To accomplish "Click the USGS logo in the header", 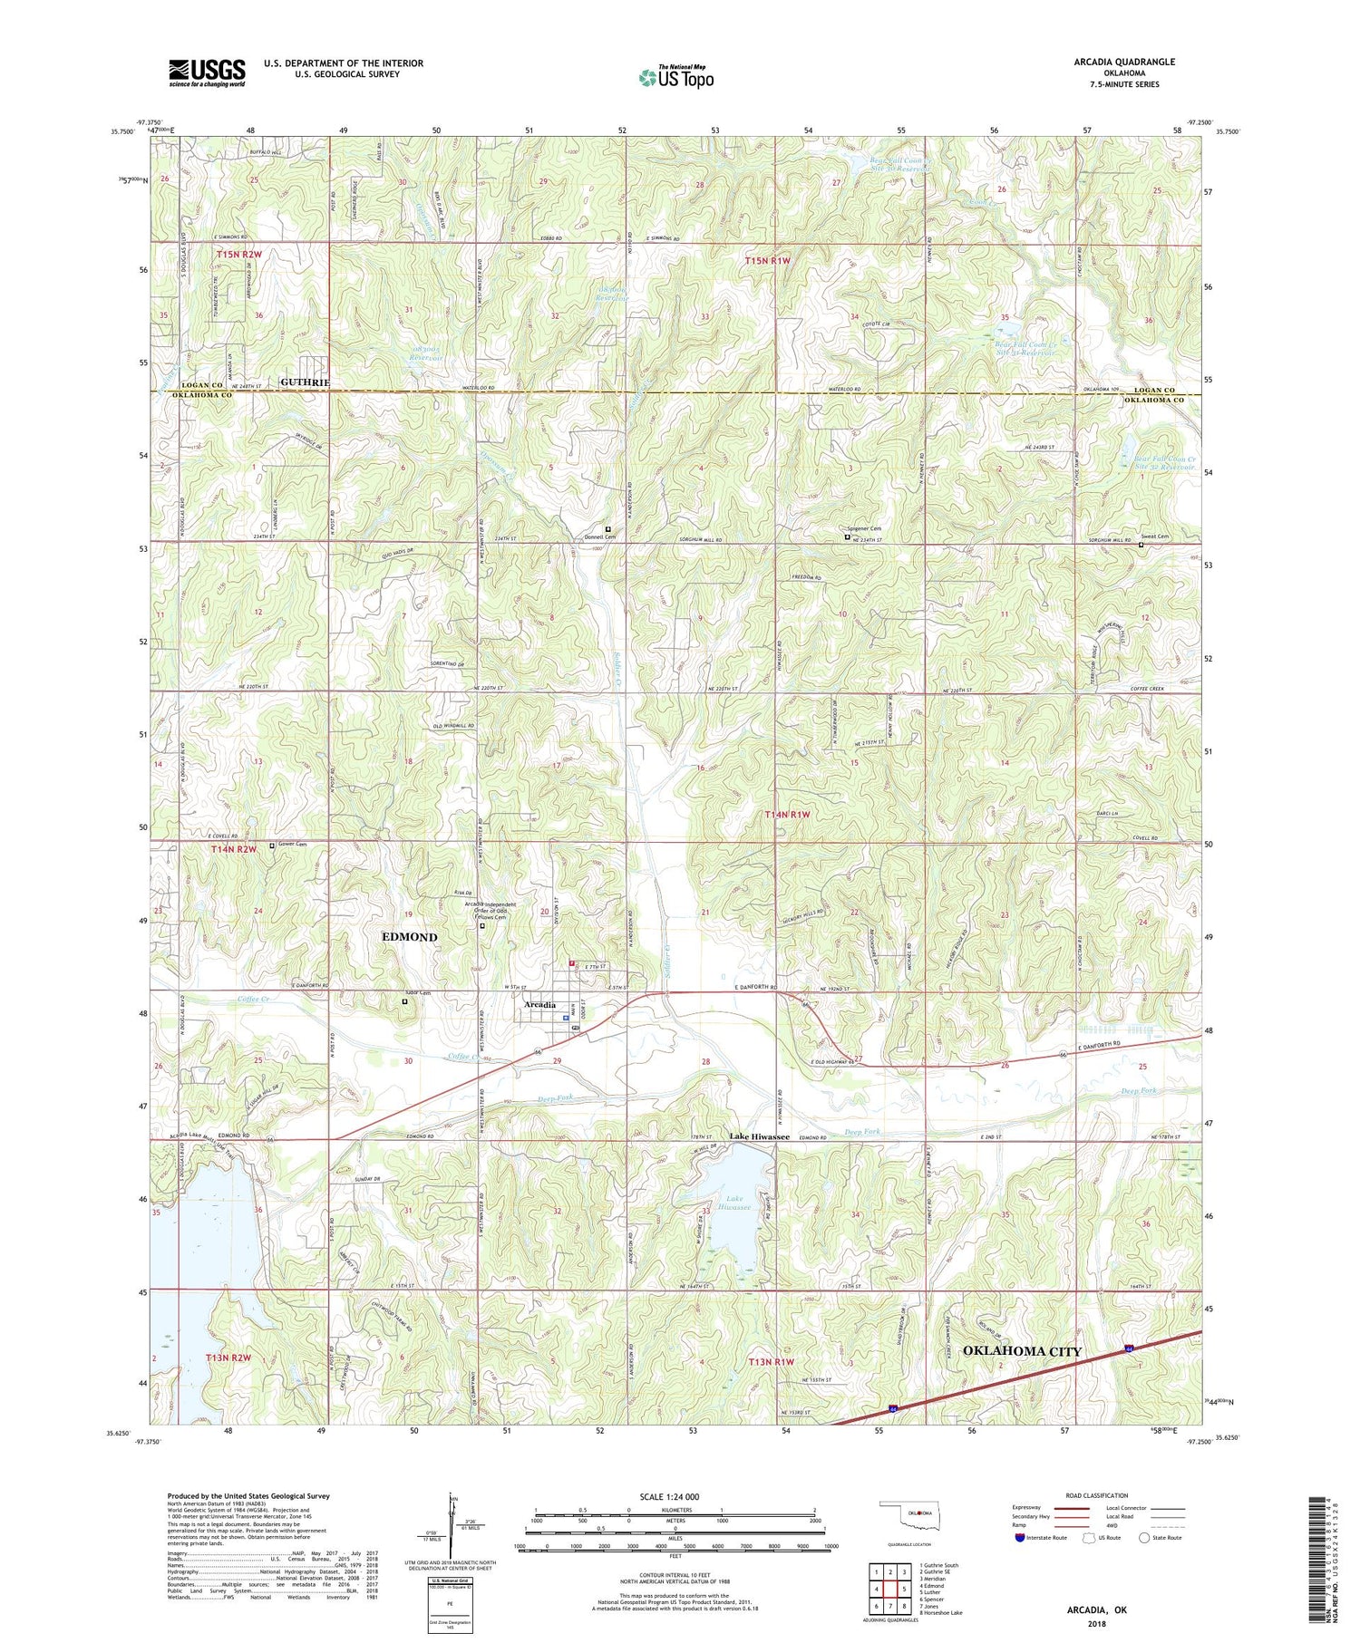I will pos(207,72).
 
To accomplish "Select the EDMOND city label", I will pos(409,936).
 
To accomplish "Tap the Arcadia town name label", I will pos(539,1005).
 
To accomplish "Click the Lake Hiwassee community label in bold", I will pos(760,1136).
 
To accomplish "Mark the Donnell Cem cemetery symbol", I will pos(608,529).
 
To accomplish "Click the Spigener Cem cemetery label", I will pos(863,528).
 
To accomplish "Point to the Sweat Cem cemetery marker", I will pos(1141,546).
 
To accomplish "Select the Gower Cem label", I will pos(292,845).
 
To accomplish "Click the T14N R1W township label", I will pos(790,815).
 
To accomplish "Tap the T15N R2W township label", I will pos(239,256).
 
